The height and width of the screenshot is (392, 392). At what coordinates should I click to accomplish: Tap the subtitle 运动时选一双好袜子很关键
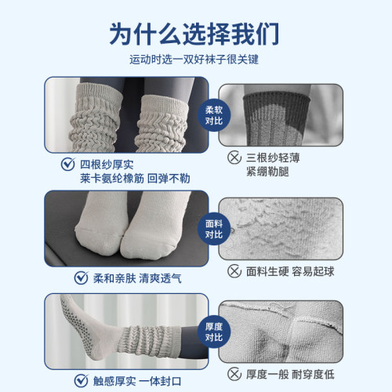coord(195,60)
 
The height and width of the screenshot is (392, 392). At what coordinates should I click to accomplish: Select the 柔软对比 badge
coord(214,116)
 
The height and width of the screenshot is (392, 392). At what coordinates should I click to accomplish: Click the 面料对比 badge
coord(214,228)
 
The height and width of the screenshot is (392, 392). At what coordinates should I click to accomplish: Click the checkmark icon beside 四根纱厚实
coord(67,165)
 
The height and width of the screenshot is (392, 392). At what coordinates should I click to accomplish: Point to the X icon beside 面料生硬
coord(233,271)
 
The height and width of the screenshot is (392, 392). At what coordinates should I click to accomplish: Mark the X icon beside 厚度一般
coord(233,375)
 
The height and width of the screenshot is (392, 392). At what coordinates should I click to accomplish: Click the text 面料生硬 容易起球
coord(295,271)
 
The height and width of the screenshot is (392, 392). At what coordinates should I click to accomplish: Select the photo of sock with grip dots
coord(125,332)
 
